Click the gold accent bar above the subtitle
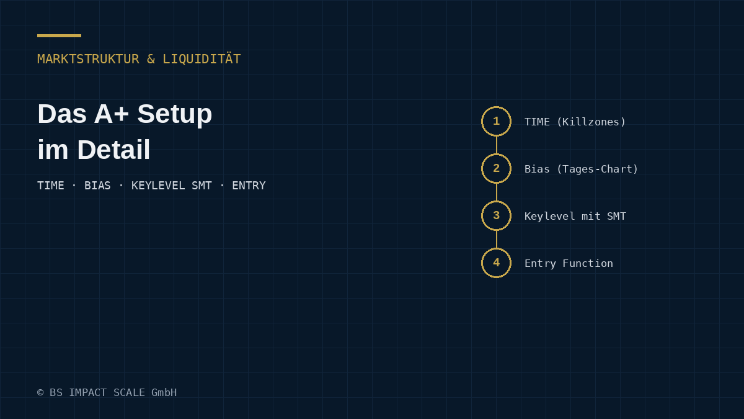point(59,35)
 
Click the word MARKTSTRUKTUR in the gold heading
point(88,59)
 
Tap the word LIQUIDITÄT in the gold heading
point(201,58)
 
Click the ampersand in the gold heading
point(151,59)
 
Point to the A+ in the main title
point(111,114)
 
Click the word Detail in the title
point(113,150)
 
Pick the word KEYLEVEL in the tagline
point(158,186)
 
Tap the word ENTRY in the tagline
point(249,186)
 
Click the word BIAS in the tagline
point(97,186)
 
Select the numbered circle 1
point(496,107)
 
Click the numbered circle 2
point(496,154)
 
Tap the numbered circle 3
point(496,201)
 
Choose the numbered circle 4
point(496,248)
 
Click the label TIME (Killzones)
point(575,122)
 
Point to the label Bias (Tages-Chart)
point(582,169)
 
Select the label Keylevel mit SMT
point(575,216)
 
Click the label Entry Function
point(569,263)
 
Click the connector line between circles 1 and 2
point(496,145)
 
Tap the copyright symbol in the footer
point(40,393)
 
